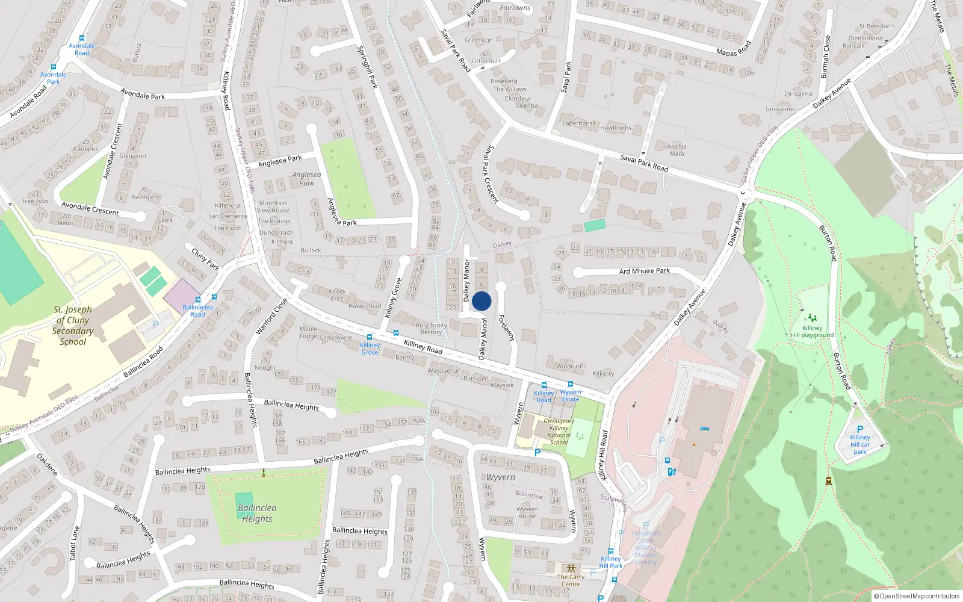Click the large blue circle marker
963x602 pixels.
tap(482, 301)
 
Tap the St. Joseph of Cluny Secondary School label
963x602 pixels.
tap(73, 326)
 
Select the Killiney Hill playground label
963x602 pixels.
tap(812, 332)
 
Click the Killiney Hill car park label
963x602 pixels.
tap(860, 445)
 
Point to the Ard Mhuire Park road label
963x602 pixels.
tap(644, 271)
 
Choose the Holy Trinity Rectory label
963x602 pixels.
tap(431, 329)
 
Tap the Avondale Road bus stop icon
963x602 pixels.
tap(81, 38)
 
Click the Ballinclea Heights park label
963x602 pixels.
tap(257, 514)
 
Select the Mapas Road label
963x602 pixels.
tap(734, 49)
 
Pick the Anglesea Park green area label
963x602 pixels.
tap(306, 179)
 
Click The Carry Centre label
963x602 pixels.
tap(571, 580)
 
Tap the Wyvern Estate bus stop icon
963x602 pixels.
tap(570, 384)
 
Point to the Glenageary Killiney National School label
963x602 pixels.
tap(559, 432)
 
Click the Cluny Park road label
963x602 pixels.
tap(205, 258)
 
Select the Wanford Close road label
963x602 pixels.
tap(271, 316)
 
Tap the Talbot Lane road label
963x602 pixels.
tap(75, 544)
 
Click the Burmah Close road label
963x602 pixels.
tap(825, 57)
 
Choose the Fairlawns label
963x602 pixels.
tap(515, 8)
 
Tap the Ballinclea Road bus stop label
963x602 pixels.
tap(197, 311)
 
